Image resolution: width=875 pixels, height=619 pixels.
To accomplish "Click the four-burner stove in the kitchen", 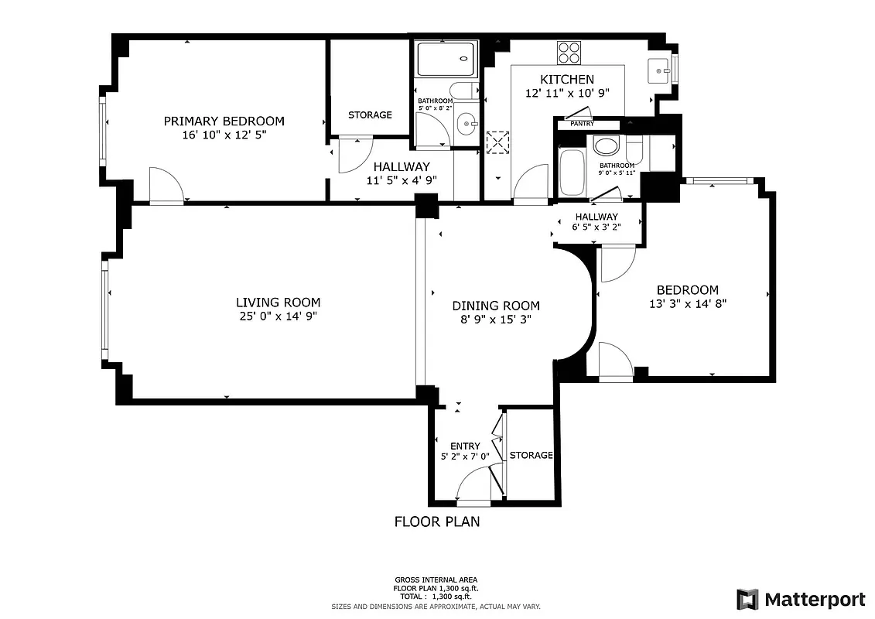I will pyautogui.click(x=569, y=52).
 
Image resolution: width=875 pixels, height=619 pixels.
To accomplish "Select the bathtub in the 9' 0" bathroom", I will pyautogui.click(x=572, y=173).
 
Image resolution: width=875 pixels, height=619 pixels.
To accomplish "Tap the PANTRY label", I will pyautogui.click(x=582, y=124).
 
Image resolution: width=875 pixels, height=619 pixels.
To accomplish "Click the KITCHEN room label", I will pyautogui.click(x=566, y=79).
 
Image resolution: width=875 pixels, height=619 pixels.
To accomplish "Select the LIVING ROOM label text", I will pyautogui.click(x=278, y=303).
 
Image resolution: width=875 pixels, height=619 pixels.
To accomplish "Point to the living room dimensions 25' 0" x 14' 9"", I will pyautogui.click(x=278, y=316).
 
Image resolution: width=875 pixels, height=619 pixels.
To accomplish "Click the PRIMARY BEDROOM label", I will pyautogui.click(x=224, y=121).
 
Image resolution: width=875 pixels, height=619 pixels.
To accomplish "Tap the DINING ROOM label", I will pyautogui.click(x=496, y=306).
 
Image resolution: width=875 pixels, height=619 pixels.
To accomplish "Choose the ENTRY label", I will pyautogui.click(x=464, y=446).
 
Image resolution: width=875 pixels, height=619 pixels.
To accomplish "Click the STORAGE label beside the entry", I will pyautogui.click(x=531, y=455).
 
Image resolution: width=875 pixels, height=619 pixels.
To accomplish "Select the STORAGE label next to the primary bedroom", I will pyautogui.click(x=369, y=115).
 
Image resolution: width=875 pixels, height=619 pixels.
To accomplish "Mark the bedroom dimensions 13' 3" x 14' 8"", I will pyautogui.click(x=687, y=304).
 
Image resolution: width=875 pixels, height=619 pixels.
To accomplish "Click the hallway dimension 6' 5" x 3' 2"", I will pyautogui.click(x=596, y=227).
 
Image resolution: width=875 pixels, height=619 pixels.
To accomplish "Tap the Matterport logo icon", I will pyautogui.click(x=747, y=600).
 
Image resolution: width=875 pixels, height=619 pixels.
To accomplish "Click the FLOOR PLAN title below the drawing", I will pyautogui.click(x=437, y=522).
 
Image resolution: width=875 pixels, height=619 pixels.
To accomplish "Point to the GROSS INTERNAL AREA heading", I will pyautogui.click(x=436, y=580).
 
